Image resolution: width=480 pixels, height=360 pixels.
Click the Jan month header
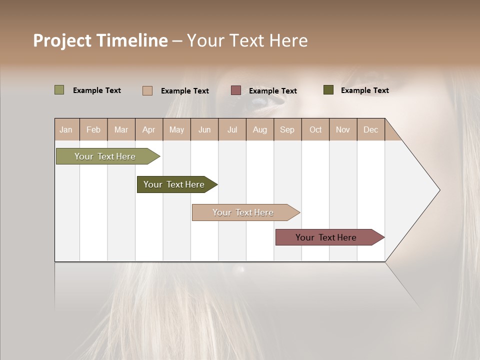66,129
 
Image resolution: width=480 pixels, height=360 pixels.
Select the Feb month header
93,129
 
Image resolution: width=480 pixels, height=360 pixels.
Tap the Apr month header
148,129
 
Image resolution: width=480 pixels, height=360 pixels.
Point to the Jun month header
204,129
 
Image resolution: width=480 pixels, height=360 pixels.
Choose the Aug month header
259,129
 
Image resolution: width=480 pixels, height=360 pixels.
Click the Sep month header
287,129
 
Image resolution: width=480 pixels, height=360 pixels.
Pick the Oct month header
315,129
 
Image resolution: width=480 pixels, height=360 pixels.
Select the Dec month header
370,129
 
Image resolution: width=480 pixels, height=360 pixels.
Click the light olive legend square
59,90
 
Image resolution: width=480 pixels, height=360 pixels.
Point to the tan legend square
147,90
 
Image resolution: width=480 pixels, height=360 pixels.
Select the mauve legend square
236,90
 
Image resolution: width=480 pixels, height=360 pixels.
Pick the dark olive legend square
328,90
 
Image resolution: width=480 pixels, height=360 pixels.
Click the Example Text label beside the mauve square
272,91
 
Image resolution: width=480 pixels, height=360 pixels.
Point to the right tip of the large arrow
439,190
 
